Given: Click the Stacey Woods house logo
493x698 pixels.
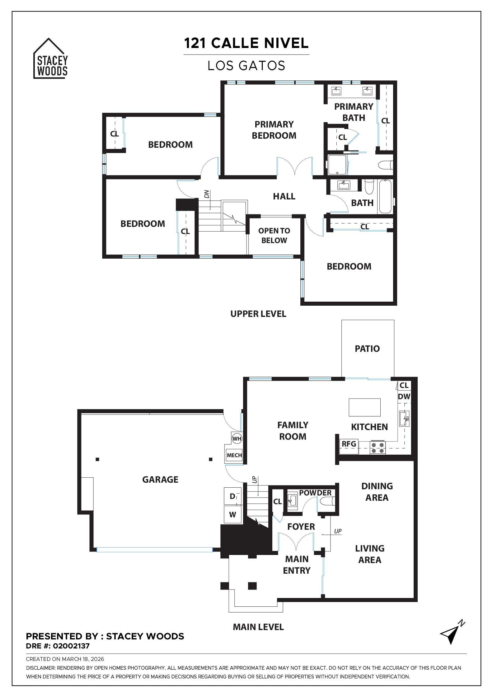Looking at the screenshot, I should click(x=50, y=60).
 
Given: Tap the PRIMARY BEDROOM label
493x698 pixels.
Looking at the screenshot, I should click(x=274, y=130).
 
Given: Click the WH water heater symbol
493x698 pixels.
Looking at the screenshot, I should click(x=237, y=439).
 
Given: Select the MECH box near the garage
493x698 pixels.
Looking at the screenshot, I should click(x=234, y=455).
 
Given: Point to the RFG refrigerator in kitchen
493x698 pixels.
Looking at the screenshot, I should click(x=349, y=444).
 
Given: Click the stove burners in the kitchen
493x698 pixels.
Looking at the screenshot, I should click(x=378, y=447).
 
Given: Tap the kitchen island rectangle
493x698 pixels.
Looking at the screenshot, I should click(x=364, y=407).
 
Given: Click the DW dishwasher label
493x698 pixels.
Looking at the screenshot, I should click(x=404, y=397).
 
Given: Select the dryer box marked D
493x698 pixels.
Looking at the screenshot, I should click(x=232, y=496).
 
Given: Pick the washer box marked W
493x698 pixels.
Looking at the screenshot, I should click(x=232, y=514).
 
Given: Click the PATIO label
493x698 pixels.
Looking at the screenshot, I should click(x=367, y=349).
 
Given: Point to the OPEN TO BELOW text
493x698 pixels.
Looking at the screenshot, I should click(x=274, y=236).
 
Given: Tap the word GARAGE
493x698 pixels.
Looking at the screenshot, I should click(x=160, y=480).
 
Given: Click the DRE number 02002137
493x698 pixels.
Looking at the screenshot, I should click(x=71, y=646).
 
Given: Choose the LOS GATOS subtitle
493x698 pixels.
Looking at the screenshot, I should click(x=246, y=66).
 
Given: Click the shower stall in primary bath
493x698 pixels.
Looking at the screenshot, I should click(x=337, y=164).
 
